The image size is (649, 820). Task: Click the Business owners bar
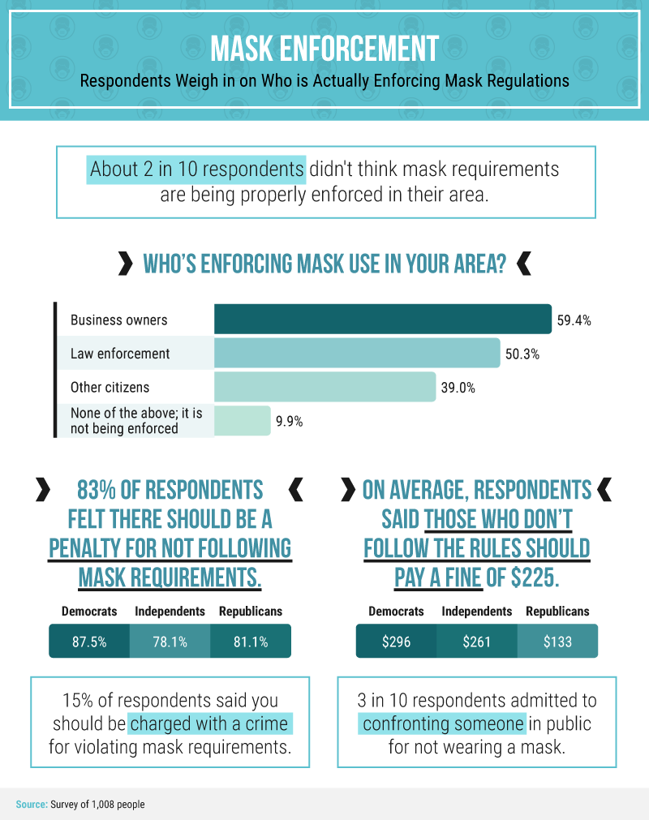pos(382,319)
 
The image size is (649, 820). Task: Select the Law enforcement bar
pos(357,354)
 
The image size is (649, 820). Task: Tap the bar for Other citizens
pos(324,387)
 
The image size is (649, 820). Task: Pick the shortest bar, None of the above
pos(242,421)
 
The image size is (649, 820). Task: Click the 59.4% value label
pos(574,320)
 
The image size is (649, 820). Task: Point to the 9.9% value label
pos(289,422)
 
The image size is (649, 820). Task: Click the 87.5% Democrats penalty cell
pos(89,642)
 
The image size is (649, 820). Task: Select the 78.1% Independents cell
pos(170,642)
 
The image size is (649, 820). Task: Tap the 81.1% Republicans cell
pos(250,642)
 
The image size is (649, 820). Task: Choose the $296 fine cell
pos(396,642)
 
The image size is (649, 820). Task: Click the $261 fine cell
pos(476,642)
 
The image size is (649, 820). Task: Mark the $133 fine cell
pos(557,642)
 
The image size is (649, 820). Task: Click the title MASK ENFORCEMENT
pos(324,49)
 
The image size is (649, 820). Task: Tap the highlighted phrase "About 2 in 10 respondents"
pos(196,170)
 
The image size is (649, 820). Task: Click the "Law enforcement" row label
pos(120,354)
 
